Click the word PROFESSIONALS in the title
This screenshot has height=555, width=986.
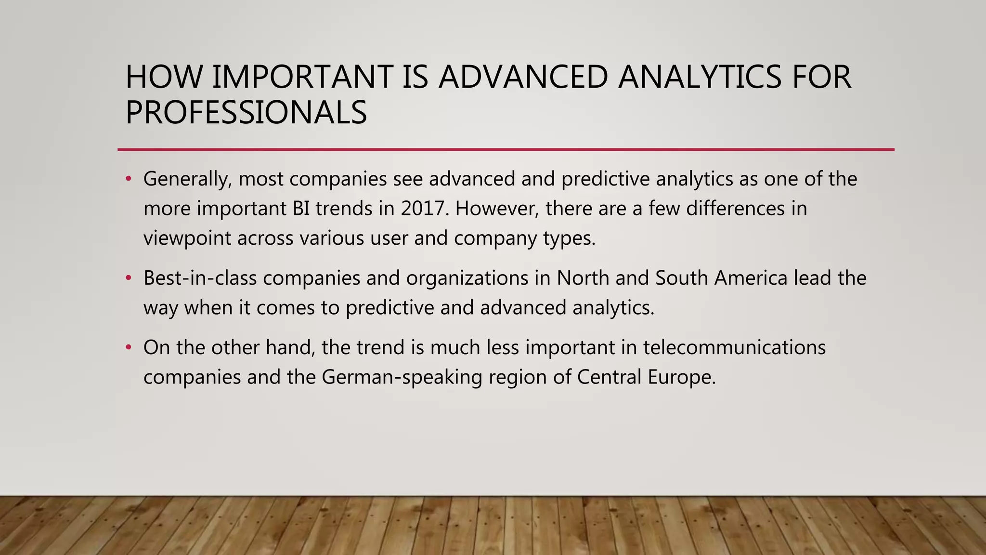click(246, 113)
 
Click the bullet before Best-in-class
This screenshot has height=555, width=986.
click(128, 278)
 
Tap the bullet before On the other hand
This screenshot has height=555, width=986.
click(128, 347)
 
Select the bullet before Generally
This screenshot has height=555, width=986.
click(128, 179)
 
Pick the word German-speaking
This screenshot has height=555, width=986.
click(402, 377)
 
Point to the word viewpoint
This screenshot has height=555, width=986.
click(187, 238)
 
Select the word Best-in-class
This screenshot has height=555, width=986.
click(200, 278)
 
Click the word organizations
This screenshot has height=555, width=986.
click(467, 278)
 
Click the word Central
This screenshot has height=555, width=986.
click(609, 377)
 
